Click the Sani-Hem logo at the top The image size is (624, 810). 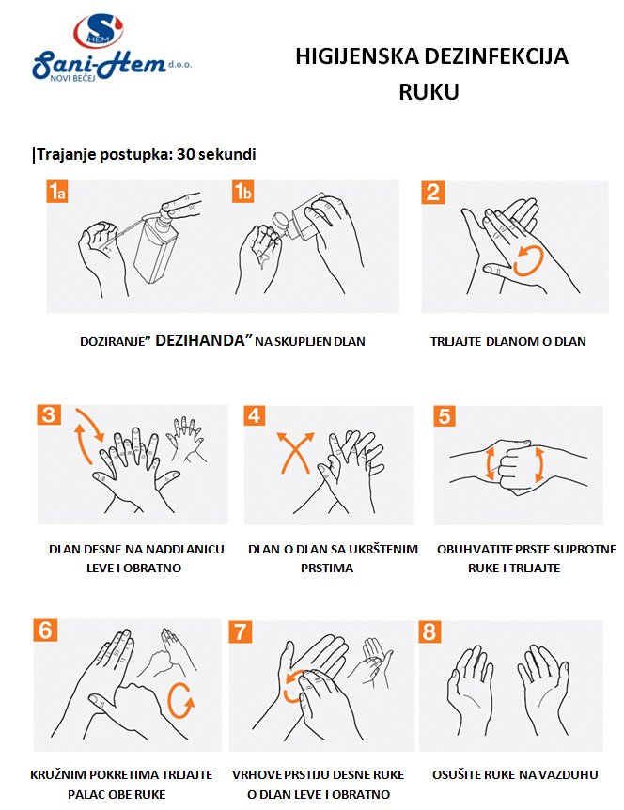(x=111, y=48)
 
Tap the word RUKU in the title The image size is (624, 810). (x=429, y=92)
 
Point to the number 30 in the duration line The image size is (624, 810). (x=185, y=154)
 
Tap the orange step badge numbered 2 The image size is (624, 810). (x=433, y=193)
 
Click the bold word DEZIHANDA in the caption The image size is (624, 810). (x=200, y=340)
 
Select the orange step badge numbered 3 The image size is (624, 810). (x=49, y=414)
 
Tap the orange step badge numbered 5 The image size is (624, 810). (x=445, y=416)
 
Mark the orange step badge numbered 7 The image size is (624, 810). (x=241, y=632)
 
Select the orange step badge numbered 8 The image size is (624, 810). (x=429, y=632)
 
